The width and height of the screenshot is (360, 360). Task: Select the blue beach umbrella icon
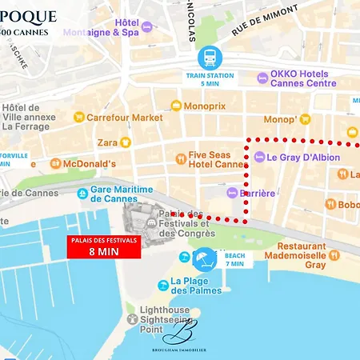205,261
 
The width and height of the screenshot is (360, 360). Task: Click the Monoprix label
205,106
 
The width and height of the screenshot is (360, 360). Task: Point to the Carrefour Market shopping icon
78,117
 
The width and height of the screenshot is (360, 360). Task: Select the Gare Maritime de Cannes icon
83,194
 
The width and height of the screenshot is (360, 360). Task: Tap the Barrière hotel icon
232,193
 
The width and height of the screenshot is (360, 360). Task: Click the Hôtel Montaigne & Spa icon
146,27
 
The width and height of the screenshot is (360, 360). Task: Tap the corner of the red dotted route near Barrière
245,218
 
